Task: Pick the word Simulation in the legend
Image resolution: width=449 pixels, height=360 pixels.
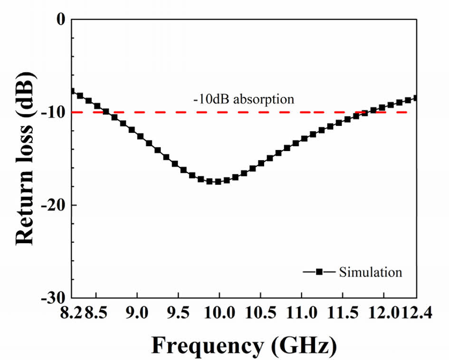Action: click(371, 273)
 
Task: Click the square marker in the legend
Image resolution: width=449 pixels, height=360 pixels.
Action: click(320, 272)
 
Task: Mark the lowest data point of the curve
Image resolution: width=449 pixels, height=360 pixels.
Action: click(218, 181)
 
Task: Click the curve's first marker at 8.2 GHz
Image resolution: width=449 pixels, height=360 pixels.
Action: click(72, 91)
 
